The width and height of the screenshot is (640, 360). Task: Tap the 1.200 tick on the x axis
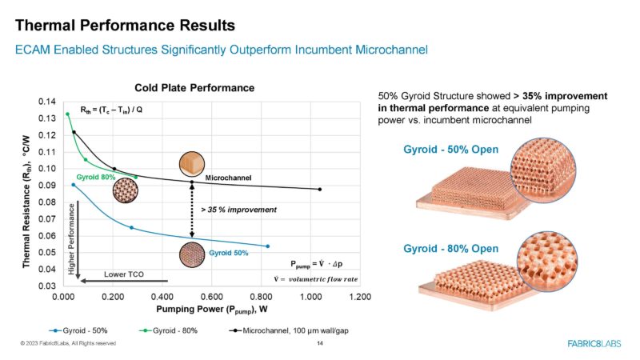(361, 296)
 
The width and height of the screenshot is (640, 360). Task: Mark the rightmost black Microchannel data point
(319, 190)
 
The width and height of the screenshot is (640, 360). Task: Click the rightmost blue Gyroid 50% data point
(267, 246)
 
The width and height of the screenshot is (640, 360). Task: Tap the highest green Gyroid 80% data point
(67, 114)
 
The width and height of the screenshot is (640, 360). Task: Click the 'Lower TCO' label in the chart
(124, 274)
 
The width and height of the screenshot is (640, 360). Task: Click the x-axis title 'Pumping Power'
(211, 308)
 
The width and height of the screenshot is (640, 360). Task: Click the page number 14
(320, 343)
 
